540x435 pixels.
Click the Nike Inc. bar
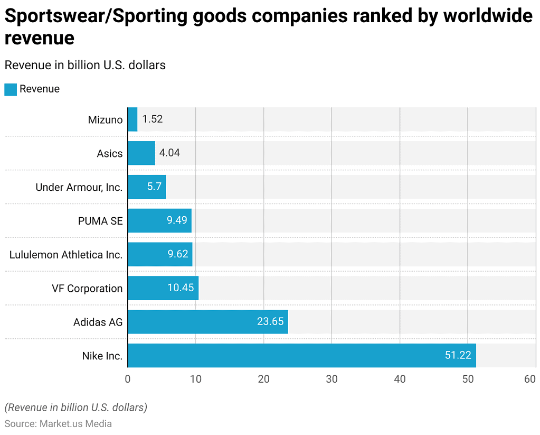(x=301, y=356)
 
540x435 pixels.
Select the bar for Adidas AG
(x=207, y=322)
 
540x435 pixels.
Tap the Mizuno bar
(x=132, y=119)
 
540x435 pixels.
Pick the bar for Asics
(x=141, y=153)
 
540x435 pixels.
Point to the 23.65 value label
(x=270, y=322)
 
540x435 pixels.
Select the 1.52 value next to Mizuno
(x=153, y=119)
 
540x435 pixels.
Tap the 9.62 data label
(x=178, y=254)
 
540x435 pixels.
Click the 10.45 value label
(x=181, y=288)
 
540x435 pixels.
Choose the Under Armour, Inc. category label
(x=79, y=187)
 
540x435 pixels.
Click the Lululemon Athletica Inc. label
(x=66, y=255)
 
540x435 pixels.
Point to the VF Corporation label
(x=87, y=289)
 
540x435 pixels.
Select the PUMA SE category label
(x=100, y=221)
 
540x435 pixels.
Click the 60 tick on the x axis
(x=530, y=380)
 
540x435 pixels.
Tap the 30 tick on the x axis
(x=331, y=380)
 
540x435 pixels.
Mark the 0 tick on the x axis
(x=128, y=380)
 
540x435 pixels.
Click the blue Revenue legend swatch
(x=11, y=89)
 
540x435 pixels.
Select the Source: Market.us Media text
(x=58, y=424)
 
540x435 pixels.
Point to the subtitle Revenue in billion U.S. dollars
(x=85, y=65)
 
